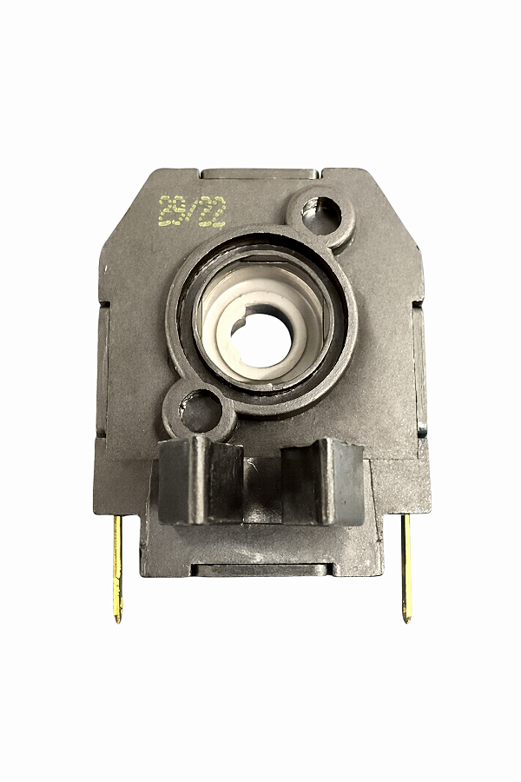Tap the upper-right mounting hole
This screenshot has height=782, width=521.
tap(320, 215)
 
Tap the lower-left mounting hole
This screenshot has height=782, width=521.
tap(201, 408)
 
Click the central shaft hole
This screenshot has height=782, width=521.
tap(263, 337)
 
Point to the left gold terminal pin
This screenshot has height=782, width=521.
tap(117, 565)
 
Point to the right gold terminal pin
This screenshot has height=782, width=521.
tap(406, 565)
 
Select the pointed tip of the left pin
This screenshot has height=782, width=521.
tap(118, 619)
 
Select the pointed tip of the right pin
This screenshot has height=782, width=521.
tap(406, 619)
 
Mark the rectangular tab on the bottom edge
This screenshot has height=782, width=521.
tap(260, 570)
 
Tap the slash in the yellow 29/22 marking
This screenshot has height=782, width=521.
tap(192, 210)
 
